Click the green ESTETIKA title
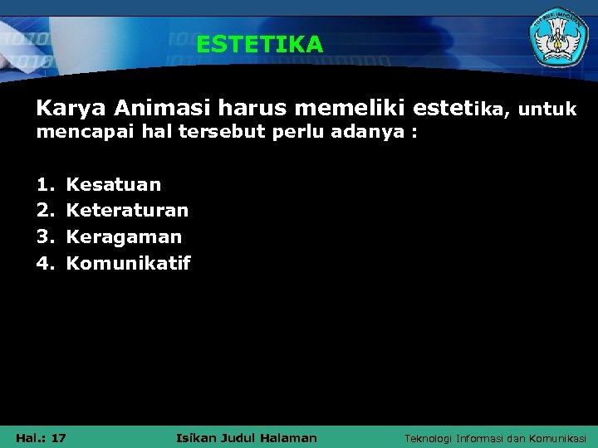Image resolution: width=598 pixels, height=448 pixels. [259, 44]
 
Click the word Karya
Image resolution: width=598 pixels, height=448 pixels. [71, 109]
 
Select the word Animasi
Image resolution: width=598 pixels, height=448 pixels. [163, 109]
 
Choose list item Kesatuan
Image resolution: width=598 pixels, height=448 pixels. [114, 184]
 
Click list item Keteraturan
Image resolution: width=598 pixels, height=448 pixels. [127, 211]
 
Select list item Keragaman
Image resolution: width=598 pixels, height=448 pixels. [124, 237]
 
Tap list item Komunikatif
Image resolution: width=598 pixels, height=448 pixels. [128, 264]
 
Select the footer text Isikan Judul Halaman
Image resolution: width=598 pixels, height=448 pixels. [247, 437]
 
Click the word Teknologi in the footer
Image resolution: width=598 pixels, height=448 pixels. [429, 438]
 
